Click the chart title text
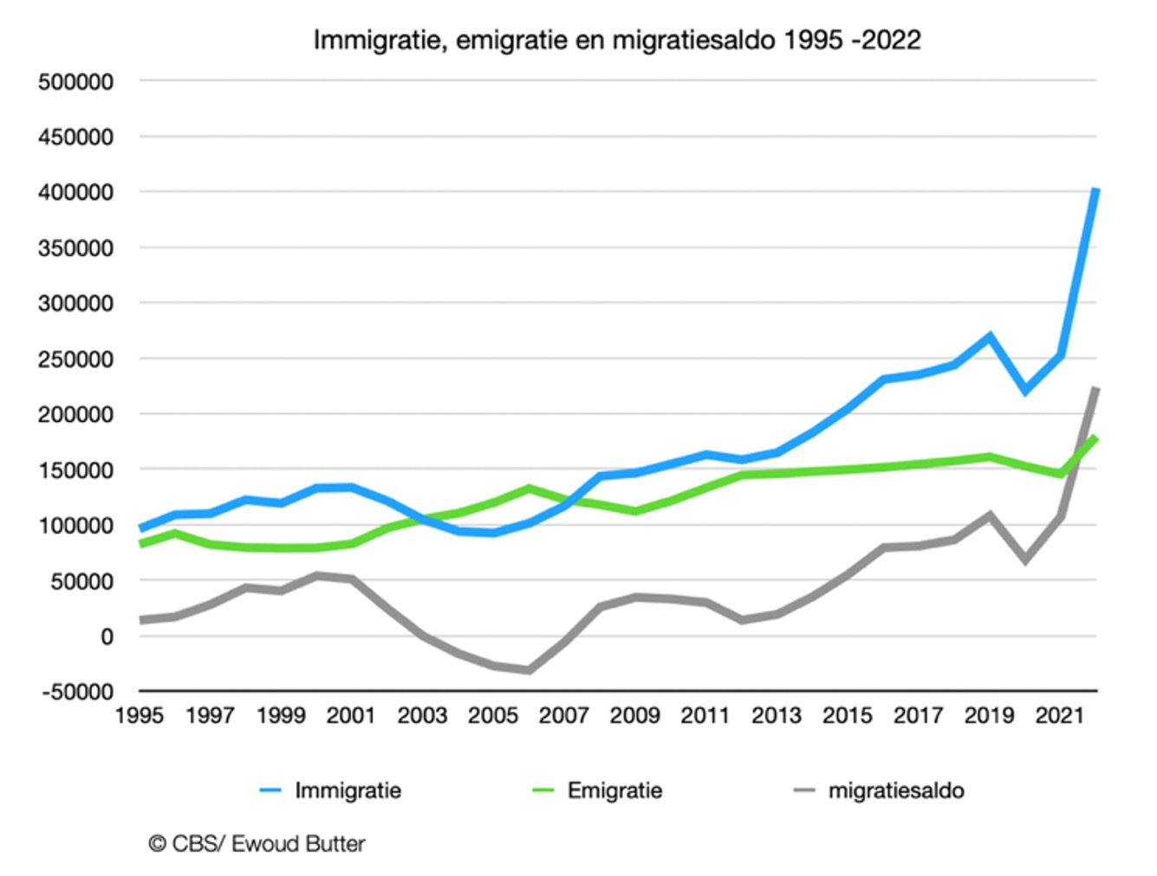tap(616, 40)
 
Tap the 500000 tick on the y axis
tap(75, 81)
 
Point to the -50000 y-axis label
tap(75, 691)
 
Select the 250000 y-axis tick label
tap(75, 359)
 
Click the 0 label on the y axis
tap(107, 637)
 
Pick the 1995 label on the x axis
tap(139, 716)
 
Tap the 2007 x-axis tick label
tap(563, 716)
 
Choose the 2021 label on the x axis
tap(1059, 716)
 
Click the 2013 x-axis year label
tap(776, 716)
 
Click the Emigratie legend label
tap(614, 790)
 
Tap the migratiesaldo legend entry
tap(895, 790)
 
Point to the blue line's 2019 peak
tap(989, 336)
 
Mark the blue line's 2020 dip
tap(1026, 391)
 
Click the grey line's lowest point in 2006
tap(528, 670)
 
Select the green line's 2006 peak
tap(528, 489)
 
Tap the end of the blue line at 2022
tap(1096, 190)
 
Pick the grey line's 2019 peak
tap(989, 516)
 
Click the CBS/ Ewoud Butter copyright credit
tap(257, 843)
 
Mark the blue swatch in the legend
tap(271, 790)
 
